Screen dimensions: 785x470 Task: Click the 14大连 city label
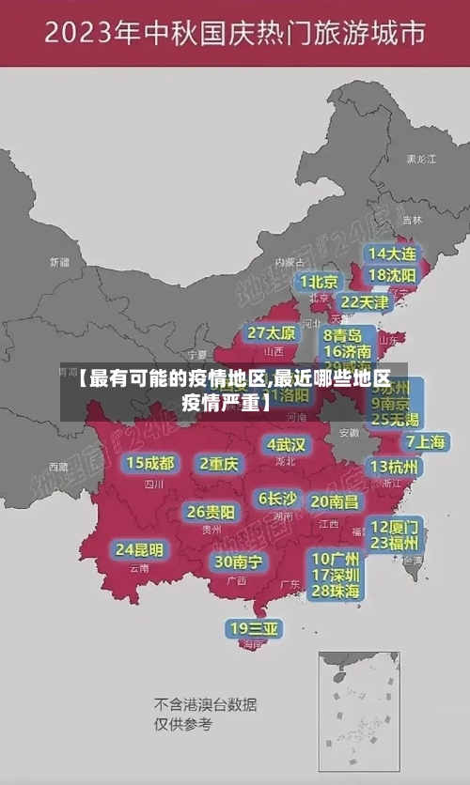[x=392, y=254]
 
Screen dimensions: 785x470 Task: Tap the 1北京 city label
[x=320, y=281]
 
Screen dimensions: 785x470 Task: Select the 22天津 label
[x=364, y=302]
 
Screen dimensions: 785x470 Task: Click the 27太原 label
[x=272, y=333]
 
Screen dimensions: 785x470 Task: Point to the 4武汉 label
[x=286, y=444]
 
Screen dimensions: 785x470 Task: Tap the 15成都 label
[x=150, y=463]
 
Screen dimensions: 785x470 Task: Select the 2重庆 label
[x=219, y=463]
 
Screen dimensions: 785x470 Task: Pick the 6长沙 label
[x=277, y=498]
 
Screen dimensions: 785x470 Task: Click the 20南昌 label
[x=335, y=501]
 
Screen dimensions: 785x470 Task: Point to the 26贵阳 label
[x=211, y=512]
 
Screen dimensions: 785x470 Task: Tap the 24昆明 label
[x=139, y=549]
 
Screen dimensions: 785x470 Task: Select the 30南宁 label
[x=238, y=562]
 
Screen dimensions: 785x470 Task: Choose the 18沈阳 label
[x=392, y=275]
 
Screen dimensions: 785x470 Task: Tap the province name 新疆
[x=60, y=262]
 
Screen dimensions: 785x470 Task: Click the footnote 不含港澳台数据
[x=205, y=704]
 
